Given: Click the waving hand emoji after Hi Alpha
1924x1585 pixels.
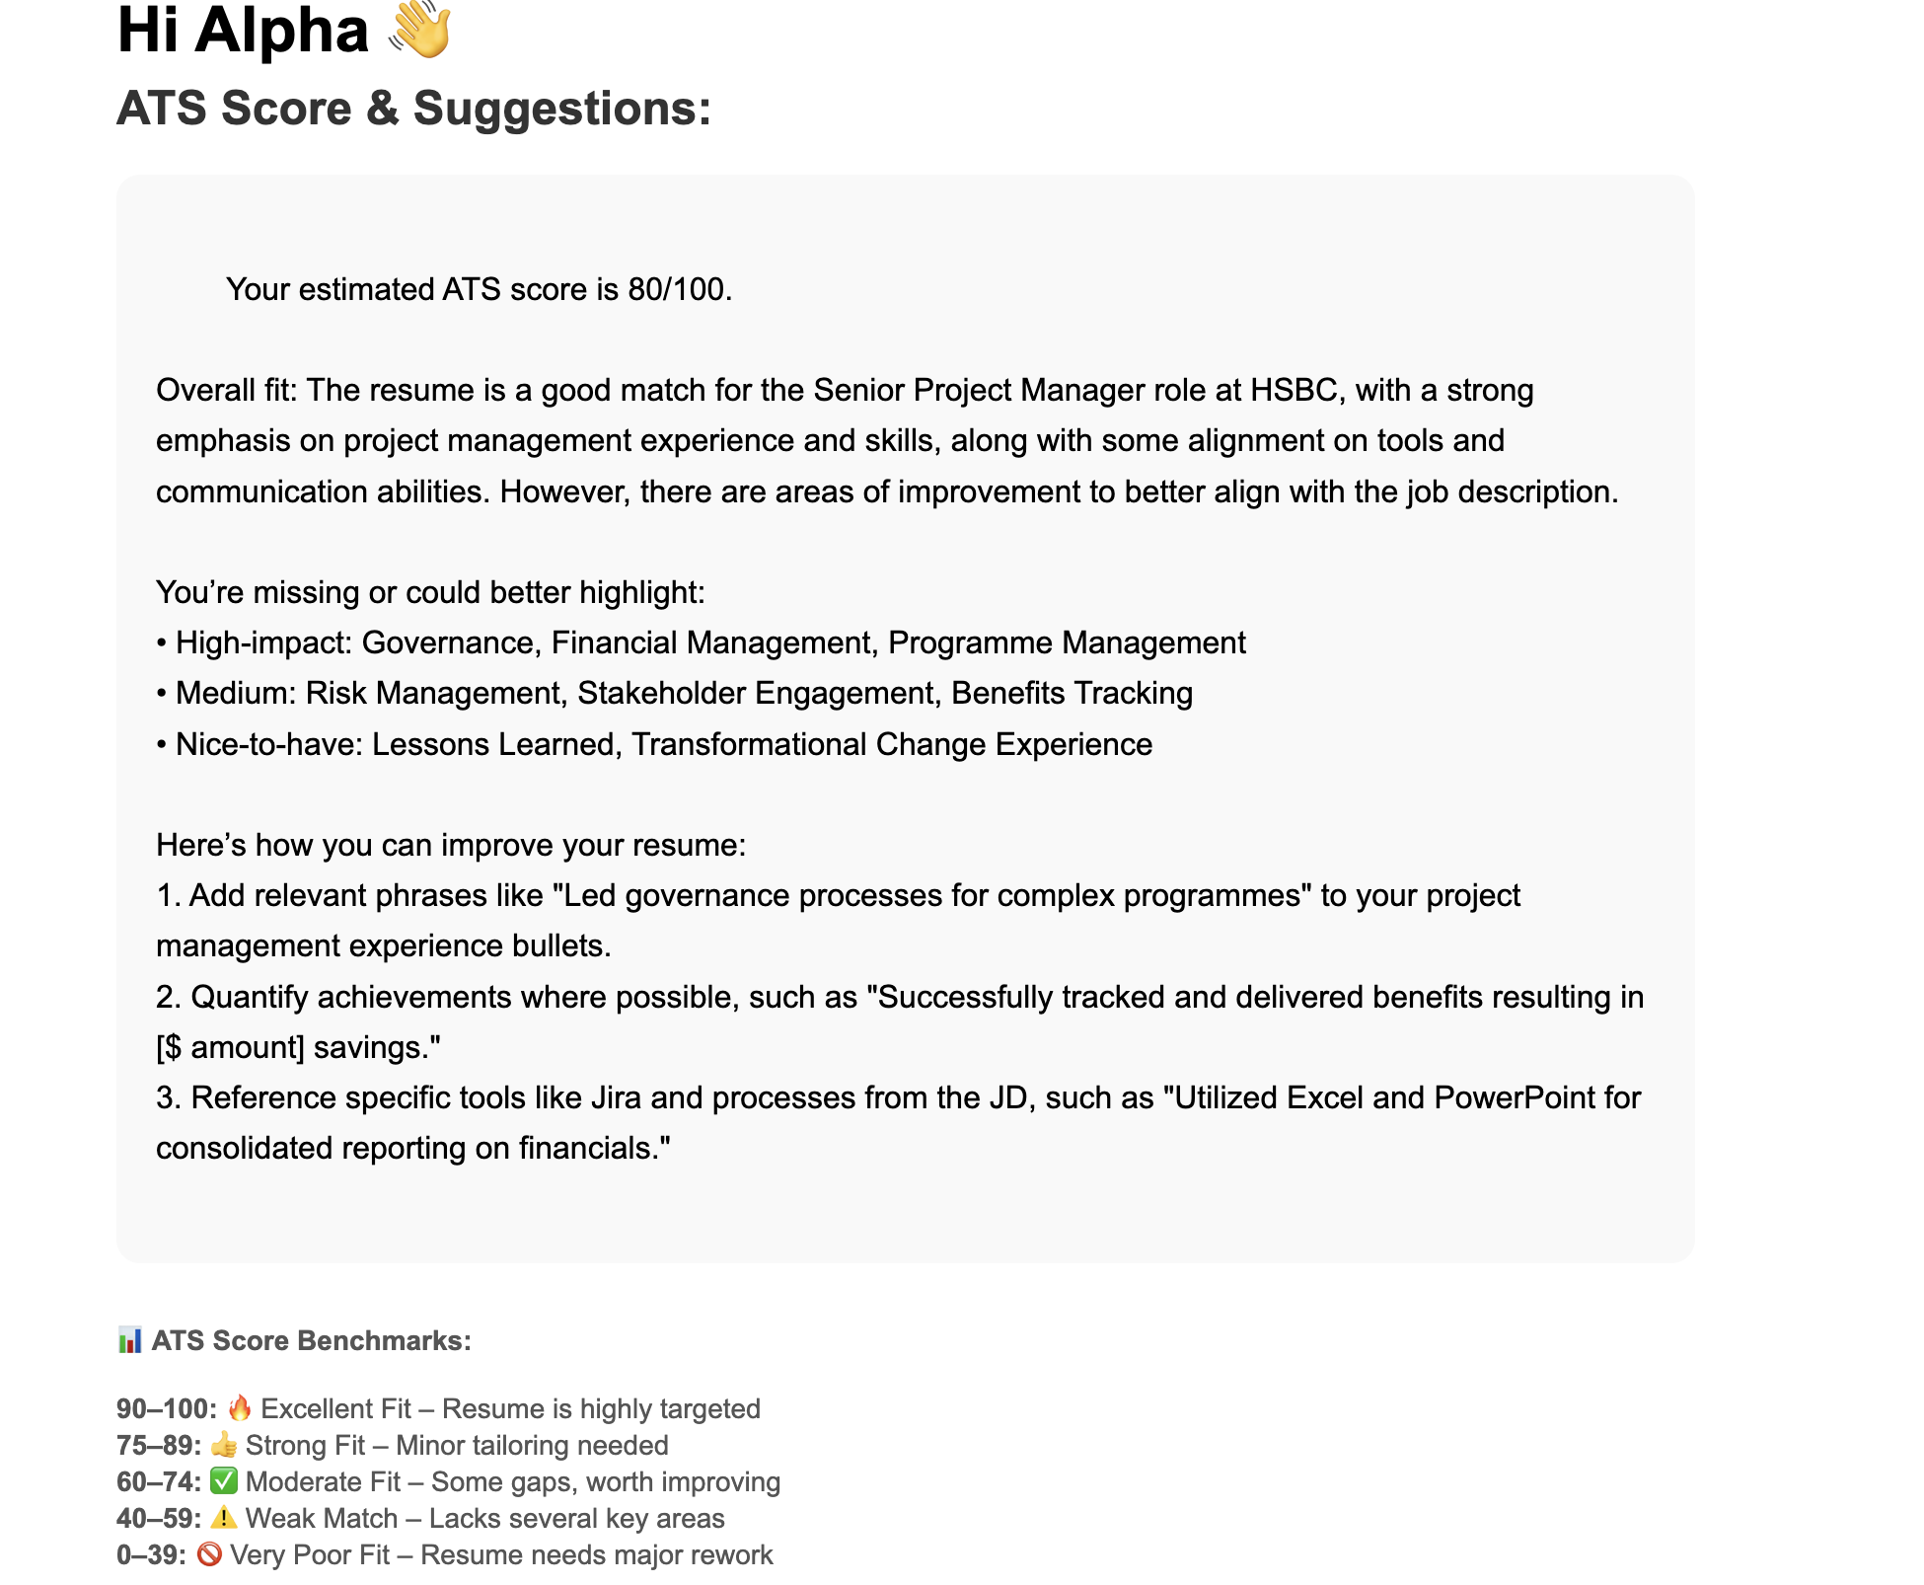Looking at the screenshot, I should [x=420, y=30].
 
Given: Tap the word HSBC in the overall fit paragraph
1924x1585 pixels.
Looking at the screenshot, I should [x=1293, y=390].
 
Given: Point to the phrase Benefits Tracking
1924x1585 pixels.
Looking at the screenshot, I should [x=1072, y=693].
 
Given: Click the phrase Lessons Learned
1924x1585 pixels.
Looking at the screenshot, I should [x=492, y=744].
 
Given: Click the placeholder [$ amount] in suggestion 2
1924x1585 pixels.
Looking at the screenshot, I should [x=229, y=1047].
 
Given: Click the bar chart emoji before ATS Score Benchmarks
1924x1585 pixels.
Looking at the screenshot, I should [x=129, y=1340].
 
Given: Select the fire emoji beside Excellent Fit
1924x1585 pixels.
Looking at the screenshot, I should [x=240, y=1408].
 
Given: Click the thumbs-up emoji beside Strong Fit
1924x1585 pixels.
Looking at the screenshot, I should [x=224, y=1445].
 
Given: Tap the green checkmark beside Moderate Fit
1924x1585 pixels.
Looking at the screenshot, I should [x=224, y=1481].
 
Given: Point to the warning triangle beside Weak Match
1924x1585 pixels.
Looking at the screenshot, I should [x=224, y=1518].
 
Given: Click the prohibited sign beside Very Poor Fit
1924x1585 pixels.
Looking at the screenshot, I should [x=209, y=1554].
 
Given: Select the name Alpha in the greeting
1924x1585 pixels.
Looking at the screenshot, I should [x=281, y=30].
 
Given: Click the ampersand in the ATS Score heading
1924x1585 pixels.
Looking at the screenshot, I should [x=382, y=108].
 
